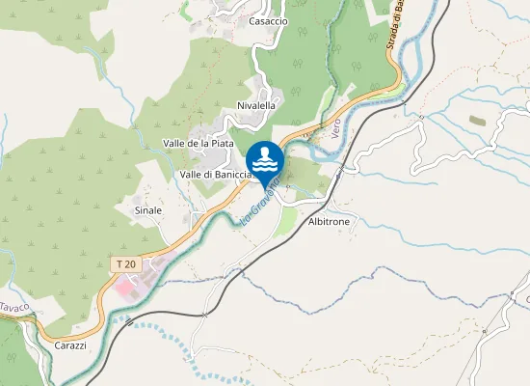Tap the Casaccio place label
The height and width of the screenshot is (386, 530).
[x=268, y=20]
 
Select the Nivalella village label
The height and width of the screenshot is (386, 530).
[x=256, y=105]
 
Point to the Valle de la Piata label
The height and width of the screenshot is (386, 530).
[x=199, y=143]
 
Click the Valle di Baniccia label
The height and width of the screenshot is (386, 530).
[x=215, y=175]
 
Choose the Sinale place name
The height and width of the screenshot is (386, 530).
[x=148, y=209]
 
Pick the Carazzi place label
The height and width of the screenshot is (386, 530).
[x=71, y=345]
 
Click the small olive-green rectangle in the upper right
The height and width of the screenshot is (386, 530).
[x=478, y=120]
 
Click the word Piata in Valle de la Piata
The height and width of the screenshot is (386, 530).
[x=221, y=143]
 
